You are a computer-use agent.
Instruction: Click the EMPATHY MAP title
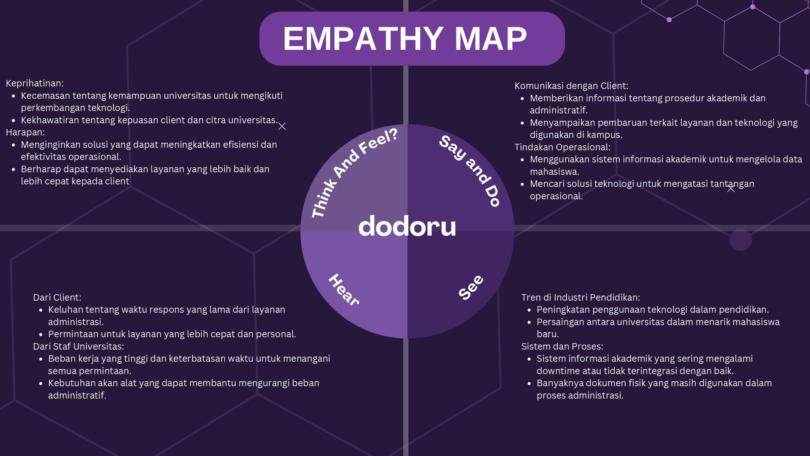(x=405, y=38)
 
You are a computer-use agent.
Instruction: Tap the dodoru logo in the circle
(x=407, y=227)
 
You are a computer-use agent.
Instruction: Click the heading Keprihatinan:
(x=35, y=83)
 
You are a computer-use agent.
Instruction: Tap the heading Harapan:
(x=25, y=132)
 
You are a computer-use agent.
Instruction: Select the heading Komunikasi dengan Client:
(x=571, y=86)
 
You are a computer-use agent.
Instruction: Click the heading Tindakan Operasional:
(x=562, y=147)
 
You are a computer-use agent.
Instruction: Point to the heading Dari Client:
(x=57, y=297)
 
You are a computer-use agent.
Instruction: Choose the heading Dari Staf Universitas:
(x=78, y=346)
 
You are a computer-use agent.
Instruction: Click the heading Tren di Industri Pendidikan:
(x=580, y=297)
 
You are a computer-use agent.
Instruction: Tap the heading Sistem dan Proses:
(x=562, y=346)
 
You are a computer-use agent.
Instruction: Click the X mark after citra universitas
(x=282, y=126)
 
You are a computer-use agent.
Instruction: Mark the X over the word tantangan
(x=731, y=189)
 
